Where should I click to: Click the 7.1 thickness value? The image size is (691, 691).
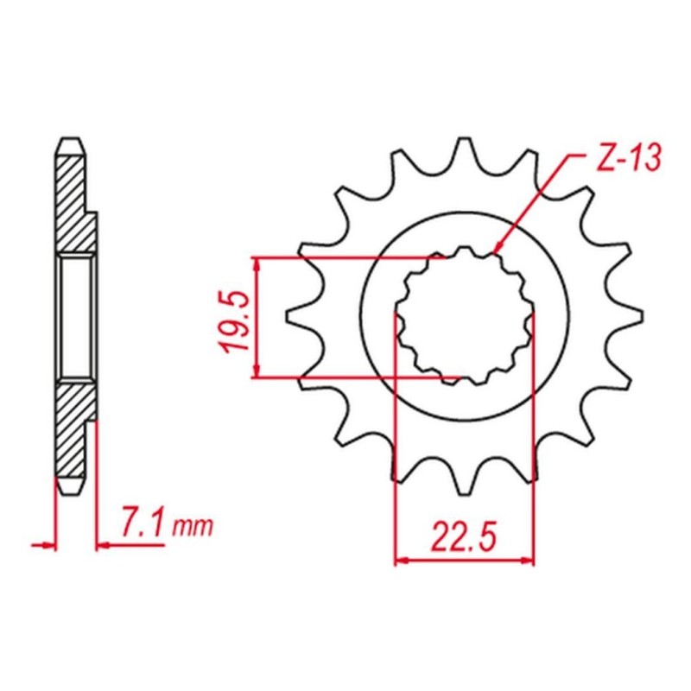pos(141,525)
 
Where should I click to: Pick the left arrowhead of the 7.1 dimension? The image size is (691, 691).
pos(50,545)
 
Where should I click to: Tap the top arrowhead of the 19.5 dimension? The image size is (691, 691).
pos(257,262)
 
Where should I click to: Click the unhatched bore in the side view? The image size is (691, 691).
pos(75,317)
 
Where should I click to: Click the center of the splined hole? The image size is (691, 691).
pos(464,317)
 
